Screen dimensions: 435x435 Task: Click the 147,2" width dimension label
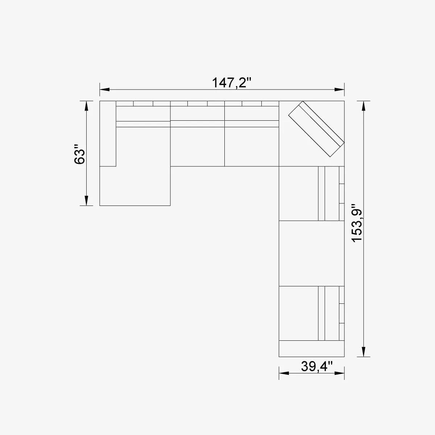pyautogui.click(x=231, y=83)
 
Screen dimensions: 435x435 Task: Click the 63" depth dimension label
pyautogui.click(x=80, y=155)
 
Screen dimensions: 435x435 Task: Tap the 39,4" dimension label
pyautogui.click(x=316, y=366)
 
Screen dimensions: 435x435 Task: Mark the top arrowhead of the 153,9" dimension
pyautogui.click(x=364, y=106)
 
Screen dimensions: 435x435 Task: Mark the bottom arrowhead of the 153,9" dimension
pyautogui.click(x=364, y=352)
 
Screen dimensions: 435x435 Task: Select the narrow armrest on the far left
pyautogui.click(x=108, y=133)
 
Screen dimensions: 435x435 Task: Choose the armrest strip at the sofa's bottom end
pyautogui.click(x=311, y=349)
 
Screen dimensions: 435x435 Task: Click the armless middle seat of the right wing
pyautogui.click(x=311, y=253)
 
